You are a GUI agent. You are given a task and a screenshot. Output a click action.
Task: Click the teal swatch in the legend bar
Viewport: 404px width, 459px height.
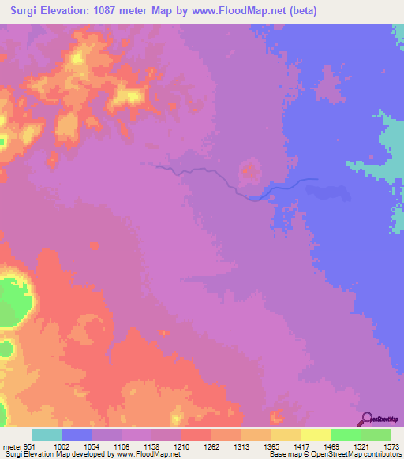tap(47, 435)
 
